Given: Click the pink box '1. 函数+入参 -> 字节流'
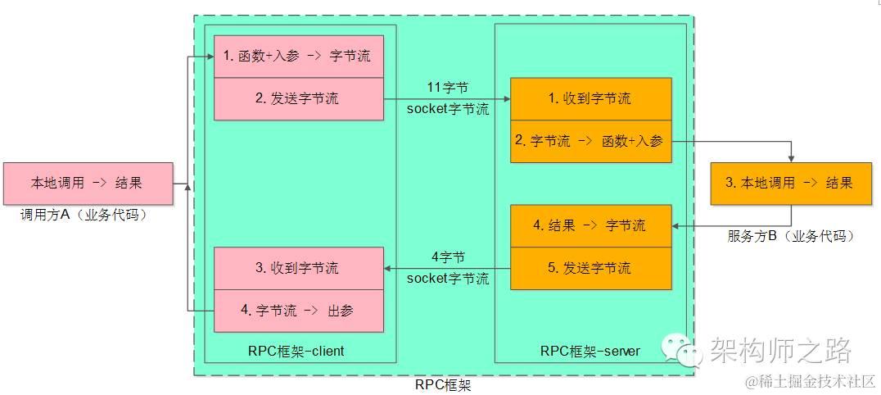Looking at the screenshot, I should tap(299, 57).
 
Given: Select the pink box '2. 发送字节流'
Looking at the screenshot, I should tap(299, 99).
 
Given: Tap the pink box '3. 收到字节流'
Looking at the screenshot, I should tap(299, 268).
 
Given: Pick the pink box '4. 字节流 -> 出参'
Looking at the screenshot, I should tap(299, 311).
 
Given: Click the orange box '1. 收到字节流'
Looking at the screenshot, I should tap(590, 98).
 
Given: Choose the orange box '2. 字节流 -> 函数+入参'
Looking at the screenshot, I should tap(590, 141).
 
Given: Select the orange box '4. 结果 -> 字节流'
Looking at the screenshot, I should tap(590, 225).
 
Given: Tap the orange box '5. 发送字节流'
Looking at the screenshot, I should tap(590, 268).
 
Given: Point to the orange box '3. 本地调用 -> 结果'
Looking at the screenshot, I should tap(791, 183).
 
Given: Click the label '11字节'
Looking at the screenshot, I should tap(448, 87).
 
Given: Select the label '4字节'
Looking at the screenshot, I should tap(448, 257).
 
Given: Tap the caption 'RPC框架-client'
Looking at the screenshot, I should tap(296, 351).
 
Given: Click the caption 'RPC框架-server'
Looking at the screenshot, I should tap(590, 351).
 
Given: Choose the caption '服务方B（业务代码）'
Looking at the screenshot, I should tap(791, 236).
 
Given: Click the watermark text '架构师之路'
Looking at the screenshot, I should tap(780, 350).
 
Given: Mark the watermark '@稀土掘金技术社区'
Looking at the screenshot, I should tap(809, 382).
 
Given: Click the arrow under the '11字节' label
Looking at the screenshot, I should tap(447, 98).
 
